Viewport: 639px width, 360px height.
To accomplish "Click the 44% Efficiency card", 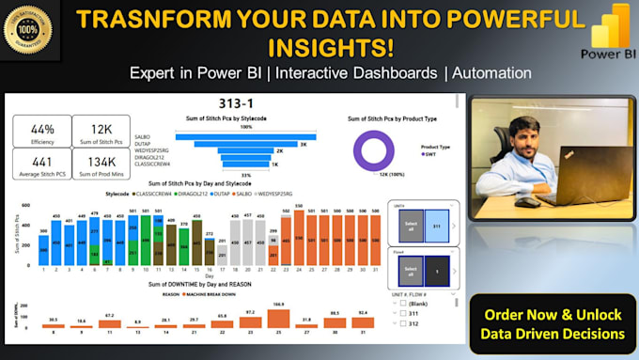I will pyautogui.click(x=42, y=133).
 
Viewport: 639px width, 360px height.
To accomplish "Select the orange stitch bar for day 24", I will pyautogui.click(x=299, y=239).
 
